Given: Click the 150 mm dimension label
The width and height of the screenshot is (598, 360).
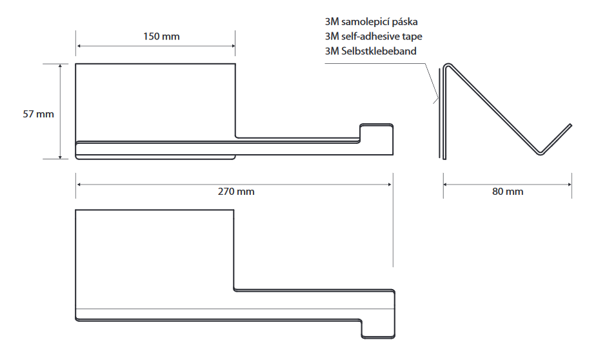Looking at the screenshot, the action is click(x=161, y=37).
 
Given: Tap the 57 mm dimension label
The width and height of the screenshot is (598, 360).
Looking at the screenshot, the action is click(x=38, y=114).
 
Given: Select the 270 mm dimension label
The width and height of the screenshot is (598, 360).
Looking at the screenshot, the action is click(x=236, y=192).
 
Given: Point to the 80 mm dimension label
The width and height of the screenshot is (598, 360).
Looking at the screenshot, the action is click(x=508, y=192).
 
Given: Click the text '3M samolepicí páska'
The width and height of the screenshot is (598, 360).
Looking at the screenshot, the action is click(x=372, y=22).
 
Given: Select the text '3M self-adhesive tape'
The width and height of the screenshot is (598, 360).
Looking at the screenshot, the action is click(x=374, y=36).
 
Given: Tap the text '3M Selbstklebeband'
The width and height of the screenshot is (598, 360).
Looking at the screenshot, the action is click(x=371, y=51).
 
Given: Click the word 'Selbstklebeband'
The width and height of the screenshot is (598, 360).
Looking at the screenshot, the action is click(x=379, y=51).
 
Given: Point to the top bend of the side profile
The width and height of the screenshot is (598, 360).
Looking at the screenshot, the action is click(x=448, y=65).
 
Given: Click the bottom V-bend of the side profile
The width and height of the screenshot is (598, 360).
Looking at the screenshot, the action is click(x=540, y=154).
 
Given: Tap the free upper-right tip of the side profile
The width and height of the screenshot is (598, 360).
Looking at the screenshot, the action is click(x=570, y=125).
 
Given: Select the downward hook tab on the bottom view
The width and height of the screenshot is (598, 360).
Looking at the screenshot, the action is click(x=378, y=329).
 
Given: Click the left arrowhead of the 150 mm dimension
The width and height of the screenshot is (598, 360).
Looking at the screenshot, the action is click(x=78, y=46).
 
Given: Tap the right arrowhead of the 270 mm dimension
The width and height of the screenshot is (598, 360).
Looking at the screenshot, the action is click(x=390, y=185).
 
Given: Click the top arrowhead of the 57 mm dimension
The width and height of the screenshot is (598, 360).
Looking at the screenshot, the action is click(x=60, y=66).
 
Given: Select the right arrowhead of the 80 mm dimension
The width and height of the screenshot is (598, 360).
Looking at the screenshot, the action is click(x=570, y=185).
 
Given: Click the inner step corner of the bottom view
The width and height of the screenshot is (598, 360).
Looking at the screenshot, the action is click(x=234, y=290).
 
